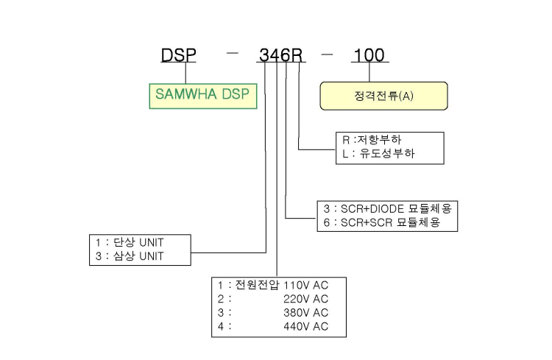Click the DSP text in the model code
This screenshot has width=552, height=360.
click(x=179, y=55)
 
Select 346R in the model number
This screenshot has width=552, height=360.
click(x=281, y=55)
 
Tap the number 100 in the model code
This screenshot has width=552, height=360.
click(x=369, y=55)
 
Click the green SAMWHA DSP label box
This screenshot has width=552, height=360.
click(x=203, y=96)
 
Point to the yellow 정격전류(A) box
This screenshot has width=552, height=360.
click(x=383, y=96)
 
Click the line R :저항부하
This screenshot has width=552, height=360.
click(x=372, y=140)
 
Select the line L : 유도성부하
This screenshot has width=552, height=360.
click(x=378, y=154)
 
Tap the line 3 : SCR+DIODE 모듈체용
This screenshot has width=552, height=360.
click(x=387, y=209)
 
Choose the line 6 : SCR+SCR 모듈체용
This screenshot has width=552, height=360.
click(x=381, y=222)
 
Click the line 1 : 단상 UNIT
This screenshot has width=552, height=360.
click(x=130, y=242)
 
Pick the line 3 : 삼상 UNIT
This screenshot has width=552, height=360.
click(x=130, y=256)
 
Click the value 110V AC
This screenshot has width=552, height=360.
click(x=305, y=285)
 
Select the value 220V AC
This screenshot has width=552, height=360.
click(x=305, y=299)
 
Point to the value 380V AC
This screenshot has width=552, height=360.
click(x=305, y=312)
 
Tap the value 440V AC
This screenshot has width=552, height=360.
click(x=305, y=327)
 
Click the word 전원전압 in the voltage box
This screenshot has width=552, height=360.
click(x=257, y=285)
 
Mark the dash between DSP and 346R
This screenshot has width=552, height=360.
click(x=233, y=54)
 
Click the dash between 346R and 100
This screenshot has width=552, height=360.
click(x=327, y=54)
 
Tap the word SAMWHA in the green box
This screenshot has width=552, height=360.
click(x=186, y=94)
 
